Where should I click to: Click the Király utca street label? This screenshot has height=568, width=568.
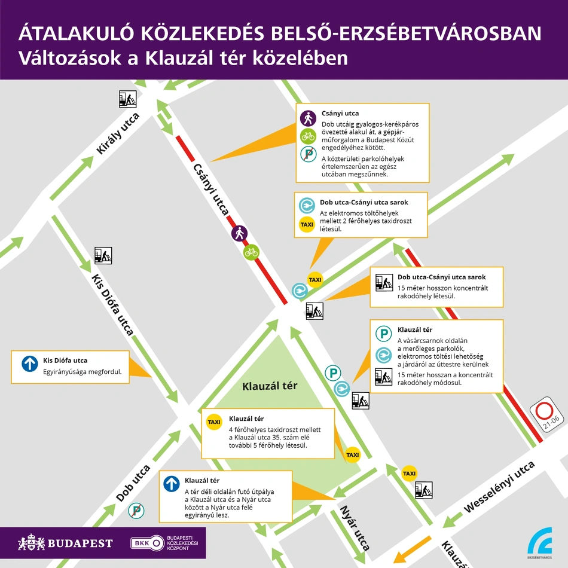click(x=118, y=134)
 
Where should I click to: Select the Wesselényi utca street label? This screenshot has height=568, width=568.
click(x=499, y=486)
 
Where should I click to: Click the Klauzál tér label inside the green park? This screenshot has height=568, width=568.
click(x=270, y=386)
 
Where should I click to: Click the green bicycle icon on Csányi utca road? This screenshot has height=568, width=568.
click(x=251, y=252)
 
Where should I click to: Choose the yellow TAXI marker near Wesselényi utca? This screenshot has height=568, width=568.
click(x=409, y=474)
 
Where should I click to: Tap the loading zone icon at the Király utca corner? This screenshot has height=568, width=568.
click(x=127, y=99)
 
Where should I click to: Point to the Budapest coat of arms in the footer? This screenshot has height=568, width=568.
click(x=32, y=543)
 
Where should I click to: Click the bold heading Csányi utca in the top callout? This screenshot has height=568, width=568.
click(x=340, y=114)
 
